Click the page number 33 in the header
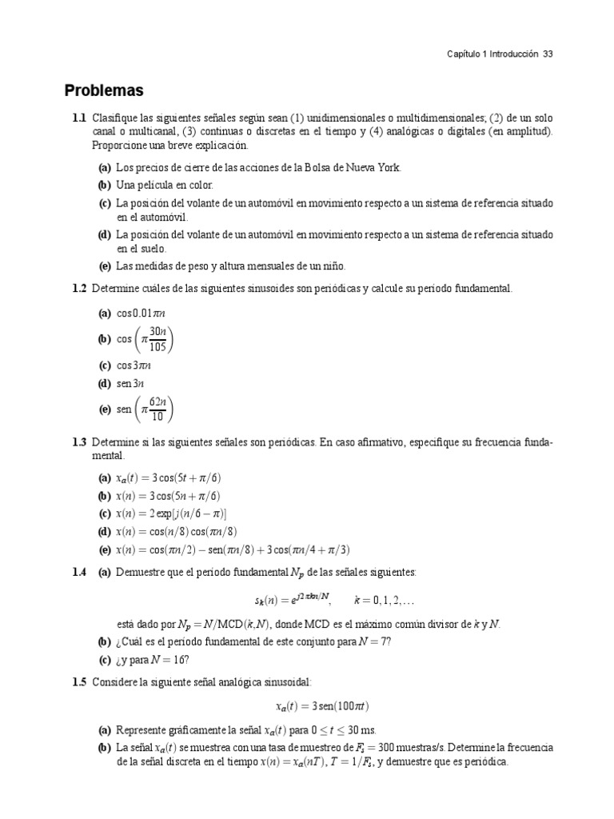pyautogui.click(x=548, y=54)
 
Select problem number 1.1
pyautogui.click(x=78, y=118)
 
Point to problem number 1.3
pyautogui.click(x=78, y=441)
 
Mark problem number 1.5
pyautogui.click(x=78, y=681)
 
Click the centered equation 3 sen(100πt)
pyautogui.click(x=322, y=706)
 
